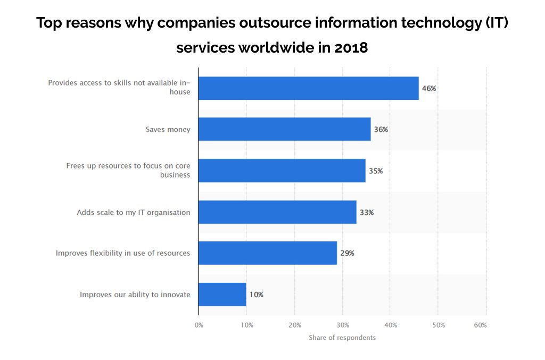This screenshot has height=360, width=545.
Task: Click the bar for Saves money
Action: click(x=284, y=129)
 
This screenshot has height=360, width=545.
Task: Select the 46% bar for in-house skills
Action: click(x=308, y=88)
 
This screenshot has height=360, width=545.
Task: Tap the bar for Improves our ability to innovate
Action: click(x=222, y=294)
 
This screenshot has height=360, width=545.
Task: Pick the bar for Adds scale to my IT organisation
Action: click(x=277, y=212)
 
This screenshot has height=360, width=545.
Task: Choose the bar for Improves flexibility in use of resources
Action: click(x=267, y=253)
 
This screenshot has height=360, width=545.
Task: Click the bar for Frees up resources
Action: click(x=282, y=171)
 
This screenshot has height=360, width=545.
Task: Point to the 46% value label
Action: click(x=429, y=88)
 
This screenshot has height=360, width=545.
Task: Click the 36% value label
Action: click(x=381, y=129)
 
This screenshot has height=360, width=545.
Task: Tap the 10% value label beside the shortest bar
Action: click(x=257, y=294)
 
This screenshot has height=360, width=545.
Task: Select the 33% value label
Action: click(x=367, y=212)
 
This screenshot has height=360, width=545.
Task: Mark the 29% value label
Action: click(x=347, y=253)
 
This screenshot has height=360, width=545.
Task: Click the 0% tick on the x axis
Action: click(x=199, y=325)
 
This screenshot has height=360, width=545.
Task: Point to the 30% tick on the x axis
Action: click(x=343, y=325)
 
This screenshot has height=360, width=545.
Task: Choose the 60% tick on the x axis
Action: click(x=480, y=325)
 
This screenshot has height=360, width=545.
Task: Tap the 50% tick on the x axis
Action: click(x=438, y=325)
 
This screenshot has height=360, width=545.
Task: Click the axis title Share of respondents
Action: click(x=342, y=338)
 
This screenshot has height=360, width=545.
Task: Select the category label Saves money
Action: click(x=168, y=129)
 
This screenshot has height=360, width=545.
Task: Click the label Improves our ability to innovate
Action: click(x=135, y=294)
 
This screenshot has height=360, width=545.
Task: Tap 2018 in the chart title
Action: click(x=351, y=47)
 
